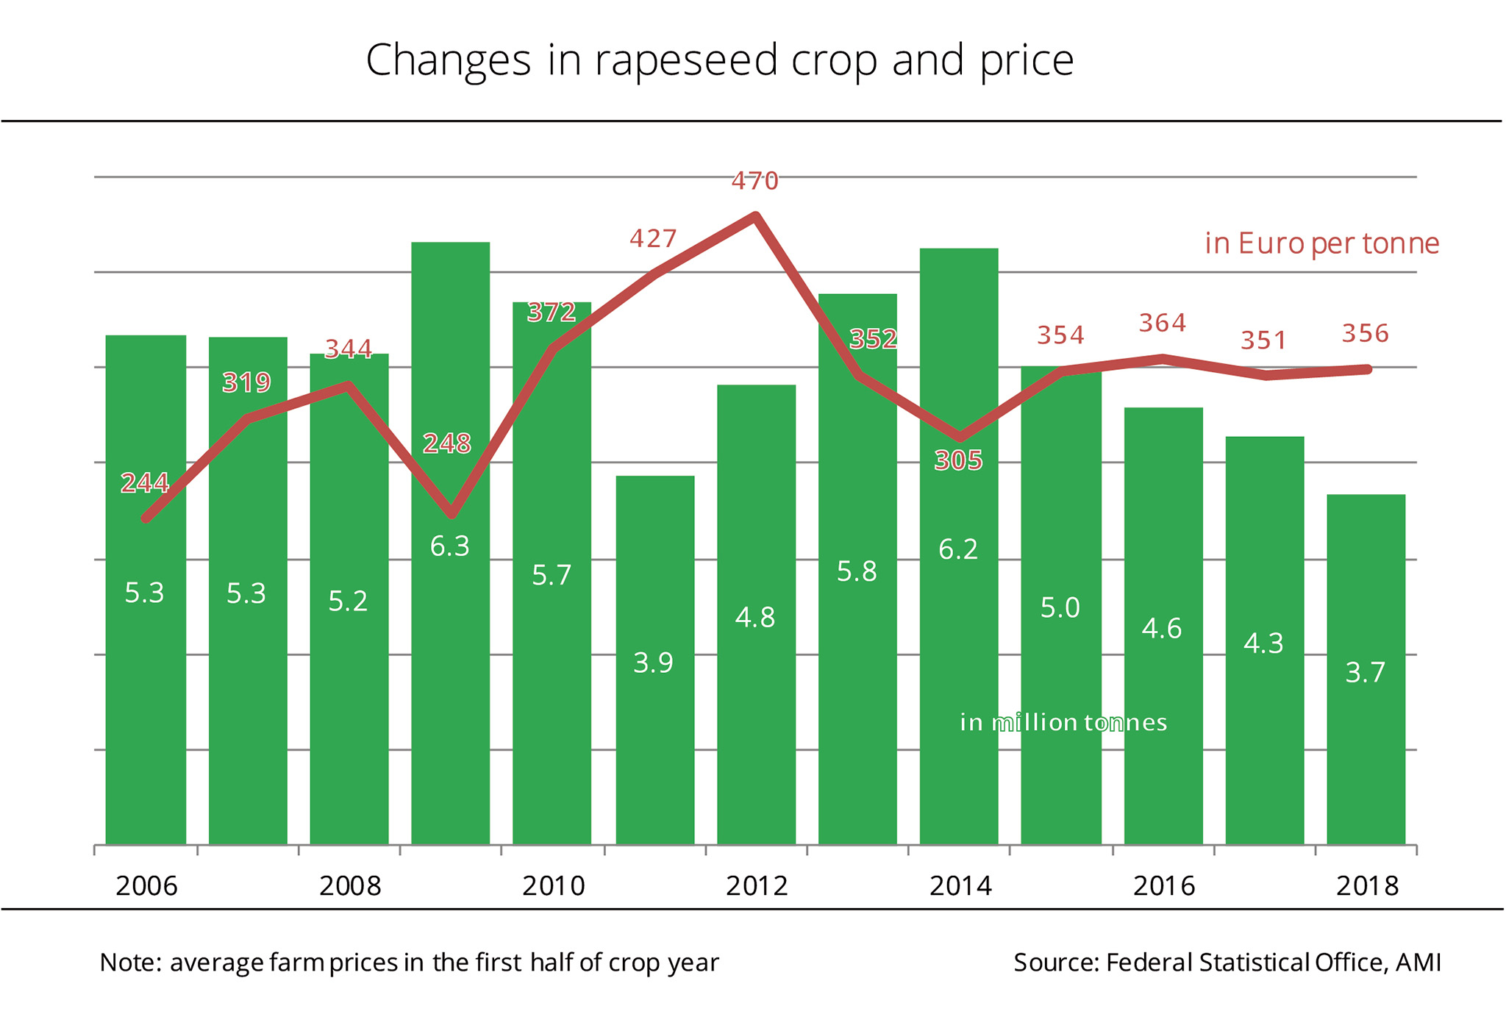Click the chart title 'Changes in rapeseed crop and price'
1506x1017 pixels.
click(x=719, y=60)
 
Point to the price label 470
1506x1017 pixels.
click(x=754, y=181)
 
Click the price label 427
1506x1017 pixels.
click(x=653, y=239)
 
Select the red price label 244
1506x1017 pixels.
click(x=145, y=483)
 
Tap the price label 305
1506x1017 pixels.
click(x=958, y=461)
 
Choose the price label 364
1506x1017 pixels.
click(x=1163, y=323)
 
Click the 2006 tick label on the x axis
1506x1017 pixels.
click(x=147, y=886)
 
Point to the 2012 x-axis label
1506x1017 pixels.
click(x=757, y=886)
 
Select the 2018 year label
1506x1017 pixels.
click(x=1367, y=886)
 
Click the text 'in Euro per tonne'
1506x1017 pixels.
click(x=1321, y=243)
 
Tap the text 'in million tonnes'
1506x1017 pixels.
click(x=1063, y=723)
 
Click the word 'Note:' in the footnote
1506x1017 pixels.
click(x=130, y=963)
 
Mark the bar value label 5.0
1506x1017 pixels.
click(x=1060, y=608)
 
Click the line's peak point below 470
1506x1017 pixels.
click(x=755, y=215)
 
